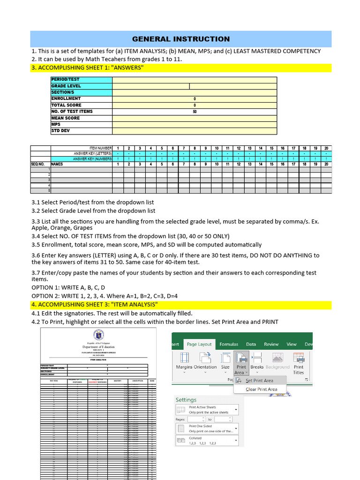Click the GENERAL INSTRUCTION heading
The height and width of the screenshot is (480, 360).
pos(181,39)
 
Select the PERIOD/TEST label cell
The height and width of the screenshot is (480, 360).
pos(66,80)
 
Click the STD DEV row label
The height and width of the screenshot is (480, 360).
pos(60,131)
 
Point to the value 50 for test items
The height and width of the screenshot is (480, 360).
pos(195,112)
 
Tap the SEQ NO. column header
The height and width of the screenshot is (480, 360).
pos(38,165)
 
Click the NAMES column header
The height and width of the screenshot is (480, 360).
pos(57,165)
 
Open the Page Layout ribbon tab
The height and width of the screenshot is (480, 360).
pos(199,344)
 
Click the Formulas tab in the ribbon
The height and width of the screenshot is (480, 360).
pos(229,344)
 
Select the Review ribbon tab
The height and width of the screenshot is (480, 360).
pos(271,344)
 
